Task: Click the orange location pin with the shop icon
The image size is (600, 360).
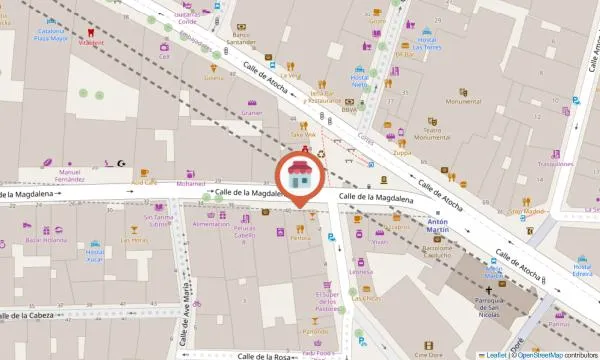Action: point(300,176)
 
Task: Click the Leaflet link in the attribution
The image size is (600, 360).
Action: point(496,355)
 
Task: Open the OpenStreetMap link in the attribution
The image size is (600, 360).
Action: point(539,355)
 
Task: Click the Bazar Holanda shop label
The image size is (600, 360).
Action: point(46,241)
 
